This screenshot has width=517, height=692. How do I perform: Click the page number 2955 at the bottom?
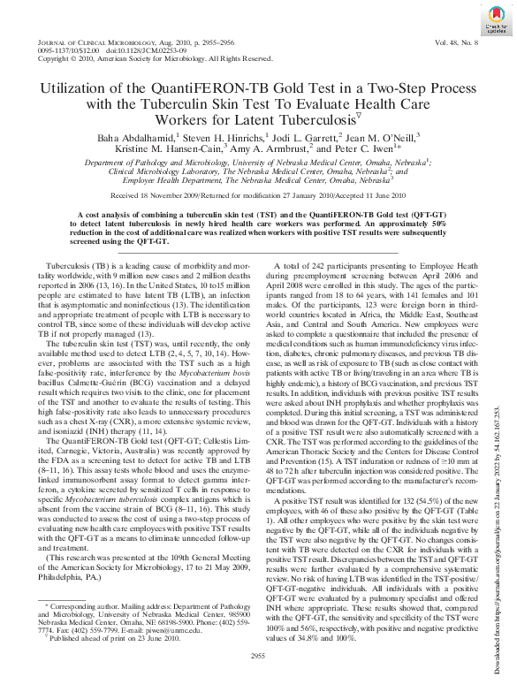tap(258, 678)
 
